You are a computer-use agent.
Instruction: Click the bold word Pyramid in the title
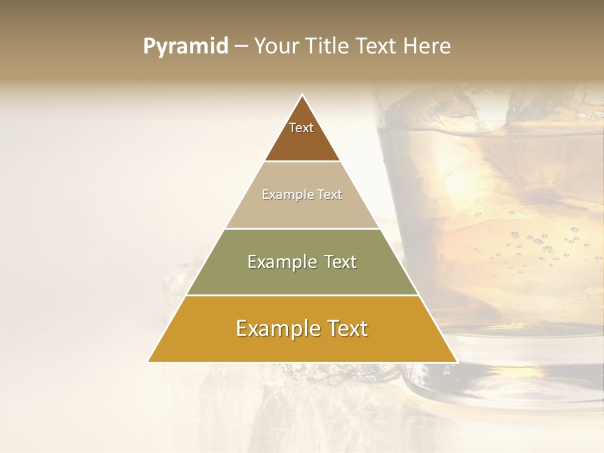point(185,47)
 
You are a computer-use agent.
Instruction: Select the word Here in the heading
point(427,47)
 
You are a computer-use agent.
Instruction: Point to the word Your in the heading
point(276,47)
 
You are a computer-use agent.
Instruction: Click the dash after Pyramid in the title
point(240,47)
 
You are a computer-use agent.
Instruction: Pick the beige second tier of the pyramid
point(302,208)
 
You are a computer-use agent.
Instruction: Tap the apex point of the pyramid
point(303,96)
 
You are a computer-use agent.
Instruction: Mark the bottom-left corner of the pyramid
point(149,361)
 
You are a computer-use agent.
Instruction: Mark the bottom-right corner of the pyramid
point(456,361)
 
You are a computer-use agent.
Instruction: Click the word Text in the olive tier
point(340,262)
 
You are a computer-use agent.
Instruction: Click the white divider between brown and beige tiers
point(302,162)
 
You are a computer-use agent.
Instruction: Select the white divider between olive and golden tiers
point(302,295)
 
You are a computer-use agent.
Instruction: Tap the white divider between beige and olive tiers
point(302,228)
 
